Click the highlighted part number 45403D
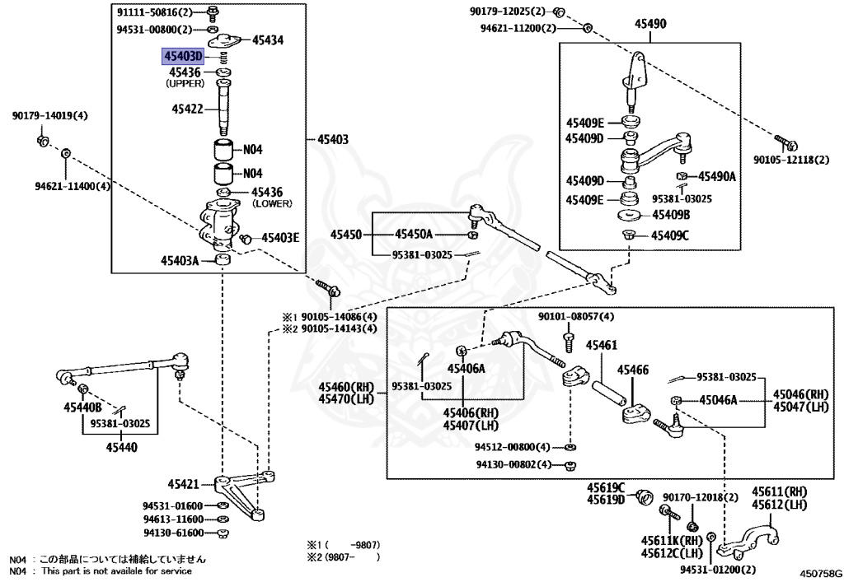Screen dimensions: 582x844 [x=182, y=56]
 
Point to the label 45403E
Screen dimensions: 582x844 [x=280, y=238]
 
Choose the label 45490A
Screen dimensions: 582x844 [x=716, y=176]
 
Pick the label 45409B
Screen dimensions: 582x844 [x=671, y=215]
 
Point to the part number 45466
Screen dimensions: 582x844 [x=633, y=370]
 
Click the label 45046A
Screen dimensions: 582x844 [x=718, y=401]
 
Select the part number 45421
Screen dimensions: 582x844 [x=185, y=484]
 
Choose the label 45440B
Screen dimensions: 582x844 [x=82, y=407]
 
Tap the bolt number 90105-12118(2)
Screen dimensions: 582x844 [x=791, y=159]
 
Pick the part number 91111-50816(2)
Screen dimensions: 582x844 [x=154, y=13]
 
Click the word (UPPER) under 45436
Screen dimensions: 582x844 [x=186, y=84]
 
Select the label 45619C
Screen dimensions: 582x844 [x=606, y=487]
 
